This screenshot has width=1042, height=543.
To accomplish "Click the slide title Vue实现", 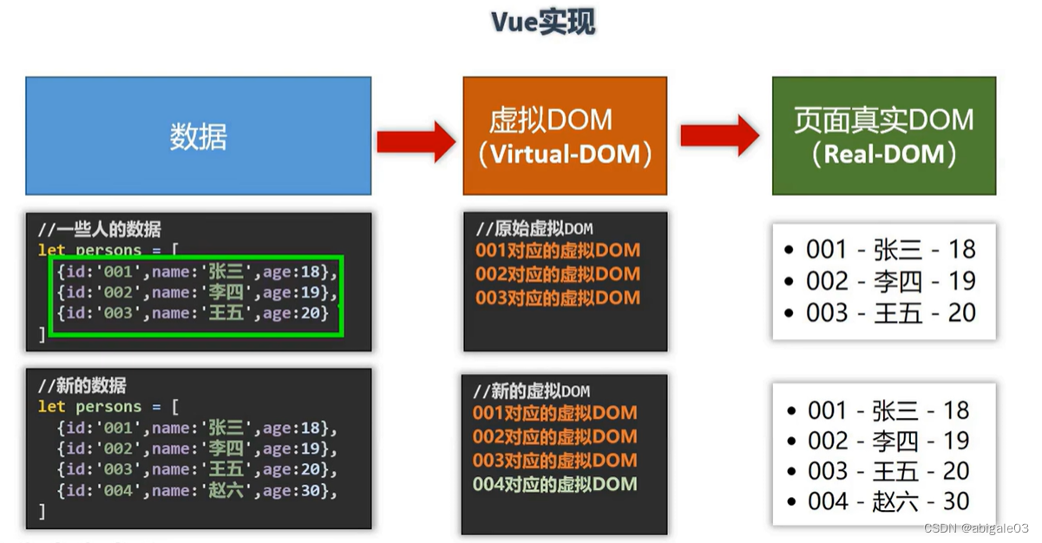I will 544,23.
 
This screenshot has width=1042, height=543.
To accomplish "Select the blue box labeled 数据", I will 198,136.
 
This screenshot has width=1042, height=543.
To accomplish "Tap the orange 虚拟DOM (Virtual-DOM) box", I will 565,136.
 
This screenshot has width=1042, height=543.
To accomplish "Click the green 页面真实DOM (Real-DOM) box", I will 883,136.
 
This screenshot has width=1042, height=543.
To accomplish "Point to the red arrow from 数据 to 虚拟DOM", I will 416,138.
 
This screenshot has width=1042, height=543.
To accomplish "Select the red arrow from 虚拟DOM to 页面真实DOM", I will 720,135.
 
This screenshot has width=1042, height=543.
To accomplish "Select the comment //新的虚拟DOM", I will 532,391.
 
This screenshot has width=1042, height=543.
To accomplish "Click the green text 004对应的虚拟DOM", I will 555,484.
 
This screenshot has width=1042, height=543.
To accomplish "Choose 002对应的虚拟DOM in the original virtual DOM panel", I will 558,274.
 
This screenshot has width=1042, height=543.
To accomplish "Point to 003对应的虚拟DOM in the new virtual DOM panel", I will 555,461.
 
